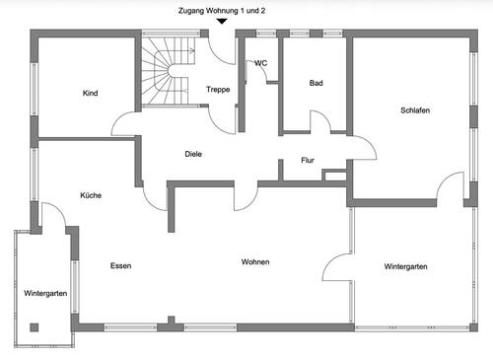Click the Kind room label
tap(90, 93)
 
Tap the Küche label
tap(91, 195)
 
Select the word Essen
tap(120, 265)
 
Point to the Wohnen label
tap(255, 262)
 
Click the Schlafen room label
tap(415, 110)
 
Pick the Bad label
tap(316, 83)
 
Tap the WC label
tap(261, 63)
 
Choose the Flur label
tap(308, 160)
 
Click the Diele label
tap(193, 154)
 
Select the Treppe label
tap(218, 90)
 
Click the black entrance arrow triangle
tap(222, 22)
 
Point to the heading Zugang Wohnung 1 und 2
tap(222, 11)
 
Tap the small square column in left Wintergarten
tap(35, 327)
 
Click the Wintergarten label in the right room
tap(406, 266)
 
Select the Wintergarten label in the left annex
tap(45, 293)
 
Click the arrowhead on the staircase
tap(192, 50)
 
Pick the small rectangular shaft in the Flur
tap(334, 175)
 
